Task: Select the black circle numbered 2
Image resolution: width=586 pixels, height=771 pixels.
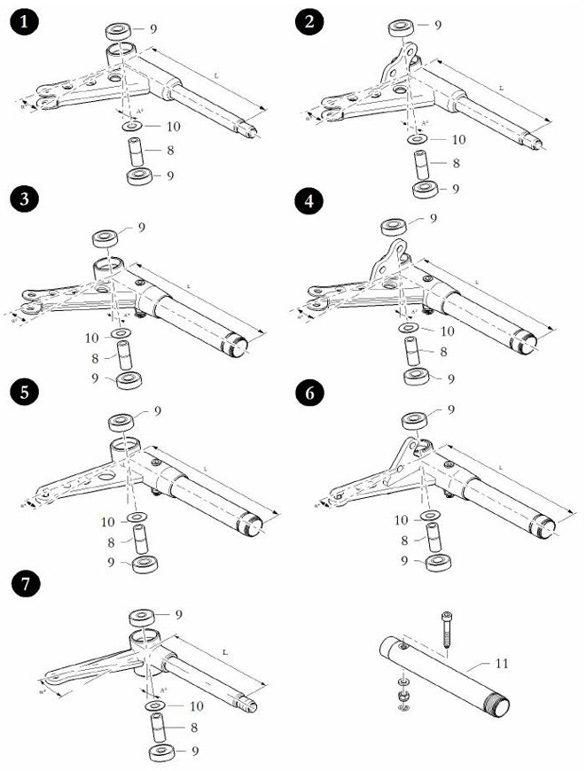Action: click(x=309, y=22)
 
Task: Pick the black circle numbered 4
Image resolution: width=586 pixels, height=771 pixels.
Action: click(x=309, y=201)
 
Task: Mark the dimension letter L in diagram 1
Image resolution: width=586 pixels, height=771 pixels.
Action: click(x=217, y=78)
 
